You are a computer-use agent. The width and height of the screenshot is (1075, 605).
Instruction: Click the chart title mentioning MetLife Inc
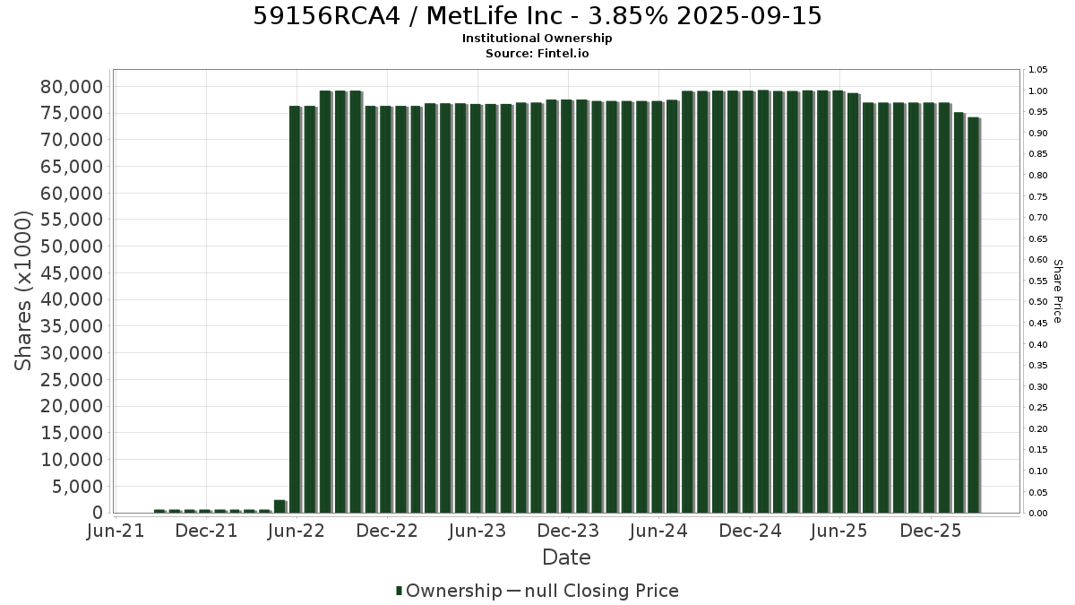point(537,16)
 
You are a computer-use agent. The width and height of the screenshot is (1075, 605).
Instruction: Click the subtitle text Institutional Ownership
point(537,39)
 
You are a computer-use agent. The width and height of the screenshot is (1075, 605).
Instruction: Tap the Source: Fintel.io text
point(537,53)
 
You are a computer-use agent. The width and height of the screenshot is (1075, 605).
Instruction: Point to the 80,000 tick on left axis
point(72,87)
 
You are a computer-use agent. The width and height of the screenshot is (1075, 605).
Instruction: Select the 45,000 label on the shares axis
point(72,273)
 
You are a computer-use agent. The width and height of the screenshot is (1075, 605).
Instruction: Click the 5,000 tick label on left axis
point(78,487)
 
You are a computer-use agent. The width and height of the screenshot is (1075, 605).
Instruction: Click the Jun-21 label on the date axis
point(116,531)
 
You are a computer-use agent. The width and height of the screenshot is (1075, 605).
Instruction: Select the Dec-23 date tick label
point(568,531)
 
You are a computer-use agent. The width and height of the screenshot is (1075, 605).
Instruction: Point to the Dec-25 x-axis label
point(931,531)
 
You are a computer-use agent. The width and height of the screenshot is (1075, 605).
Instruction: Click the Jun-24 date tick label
point(659,531)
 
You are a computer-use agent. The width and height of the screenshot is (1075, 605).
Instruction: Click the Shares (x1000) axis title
point(23,291)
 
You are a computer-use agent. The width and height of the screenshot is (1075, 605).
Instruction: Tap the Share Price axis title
point(1058,291)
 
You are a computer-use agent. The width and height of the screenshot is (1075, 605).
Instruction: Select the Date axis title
point(566,557)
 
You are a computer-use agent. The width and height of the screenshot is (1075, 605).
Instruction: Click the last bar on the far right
point(974,315)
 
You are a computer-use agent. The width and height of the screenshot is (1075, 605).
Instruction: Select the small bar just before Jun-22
point(279,506)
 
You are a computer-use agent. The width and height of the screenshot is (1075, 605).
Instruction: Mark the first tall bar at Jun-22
point(295,309)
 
